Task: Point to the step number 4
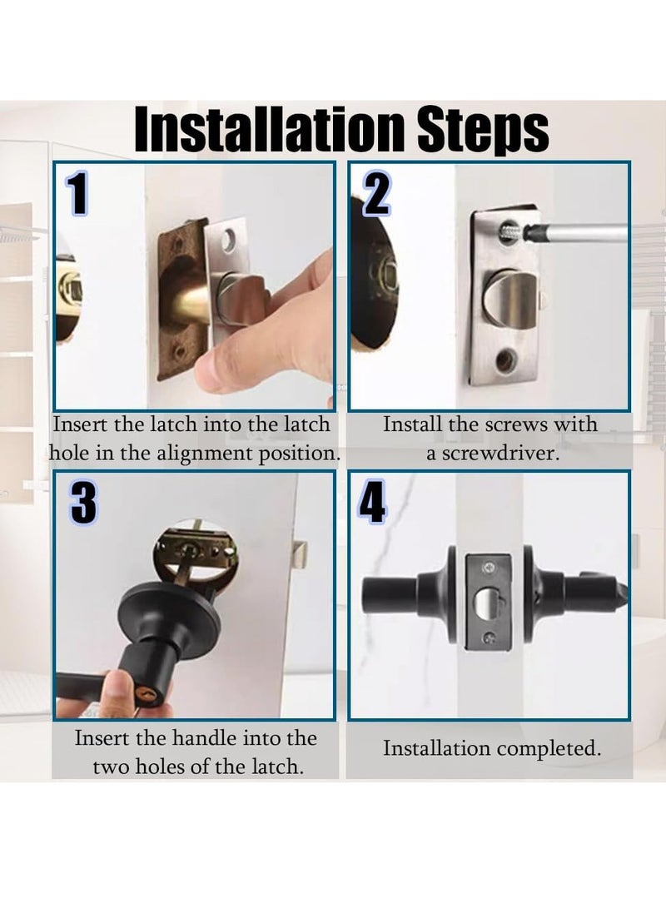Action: [x=372, y=503]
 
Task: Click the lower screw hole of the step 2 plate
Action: [x=505, y=360]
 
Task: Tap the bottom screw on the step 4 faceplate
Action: [x=490, y=637]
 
